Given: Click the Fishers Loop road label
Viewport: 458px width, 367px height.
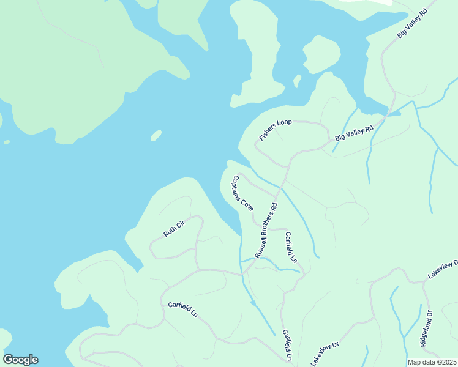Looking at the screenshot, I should pyautogui.click(x=276, y=130).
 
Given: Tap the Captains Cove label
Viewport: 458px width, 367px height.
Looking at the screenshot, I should pyautogui.click(x=242, y=193).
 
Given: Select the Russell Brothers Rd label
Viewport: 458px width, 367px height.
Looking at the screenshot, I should pyautogui.click(x=266, y=229).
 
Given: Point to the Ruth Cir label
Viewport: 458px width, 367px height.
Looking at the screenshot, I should pyautogui.click(x=174, y=228).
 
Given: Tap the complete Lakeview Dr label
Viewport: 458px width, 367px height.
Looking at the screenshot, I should pyautogui.click(x=325, y=354).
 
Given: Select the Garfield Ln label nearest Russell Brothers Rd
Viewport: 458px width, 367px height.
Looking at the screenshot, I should pyautogui.click(x=291, y=247).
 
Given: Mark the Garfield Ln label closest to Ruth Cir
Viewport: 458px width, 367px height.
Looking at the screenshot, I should pyautogui.click(x=183, y=308).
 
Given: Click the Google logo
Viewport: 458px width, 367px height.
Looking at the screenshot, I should pyautogui.click(x=20, y=360).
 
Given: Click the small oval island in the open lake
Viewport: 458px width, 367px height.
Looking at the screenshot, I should pyautogui.click(x=156, y=135).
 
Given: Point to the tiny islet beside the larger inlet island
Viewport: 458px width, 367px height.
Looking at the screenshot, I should pyautogui.click(x=297, y=80).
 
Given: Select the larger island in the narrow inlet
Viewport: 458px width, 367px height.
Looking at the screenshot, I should pyautogui.click(x=321, y=54).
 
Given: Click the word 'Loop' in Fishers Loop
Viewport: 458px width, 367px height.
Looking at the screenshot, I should pyautogui.click(x=284, y=124).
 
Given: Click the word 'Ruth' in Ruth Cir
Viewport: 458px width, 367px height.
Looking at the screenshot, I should pyautogui.click(x=170, y=232).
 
